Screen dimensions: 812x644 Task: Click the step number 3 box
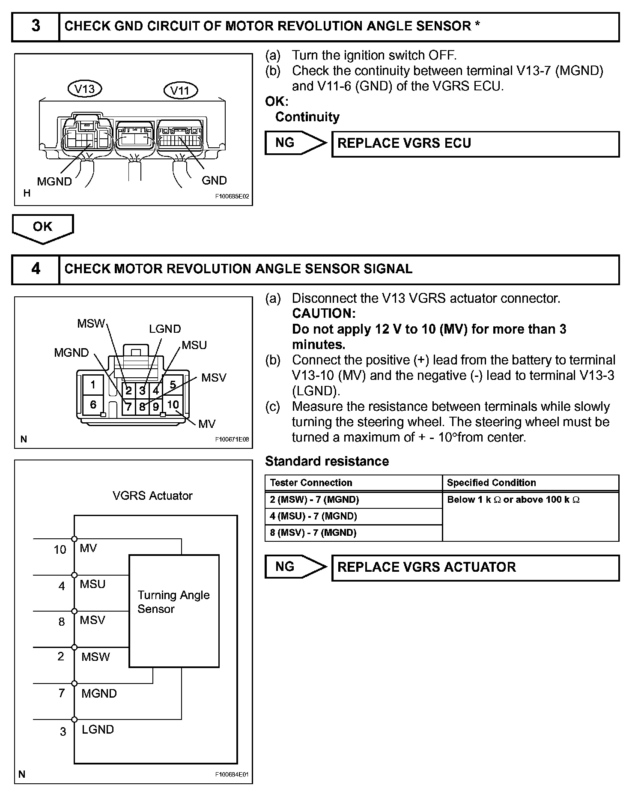click(36, 26)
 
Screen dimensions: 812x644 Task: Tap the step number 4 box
click(36, 269)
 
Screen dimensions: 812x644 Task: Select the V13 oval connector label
click(85, 89)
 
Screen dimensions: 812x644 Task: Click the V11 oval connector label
click(180, 91)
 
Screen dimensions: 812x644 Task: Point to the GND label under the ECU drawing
click(214, 181)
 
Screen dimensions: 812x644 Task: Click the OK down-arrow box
click(42, 227)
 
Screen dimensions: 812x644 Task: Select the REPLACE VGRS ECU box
click(475, 144)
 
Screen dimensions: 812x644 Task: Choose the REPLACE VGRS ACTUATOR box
click(475, 568)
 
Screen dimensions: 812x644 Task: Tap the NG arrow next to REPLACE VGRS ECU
click(295, 143)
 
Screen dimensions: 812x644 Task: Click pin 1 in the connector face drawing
click(93, 385)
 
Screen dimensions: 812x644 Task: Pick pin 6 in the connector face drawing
click(93, 405)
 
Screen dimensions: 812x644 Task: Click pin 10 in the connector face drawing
click(173, 405)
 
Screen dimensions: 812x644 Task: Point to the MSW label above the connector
click(91, 324)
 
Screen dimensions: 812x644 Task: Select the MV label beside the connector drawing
click(207, 424)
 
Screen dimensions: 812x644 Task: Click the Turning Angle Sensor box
click(174, 611)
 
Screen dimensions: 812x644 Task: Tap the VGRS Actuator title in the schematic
click(152, 496)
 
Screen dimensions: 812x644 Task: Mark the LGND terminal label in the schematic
click(98, 730)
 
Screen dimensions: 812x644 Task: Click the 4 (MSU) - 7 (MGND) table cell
click(353, 516)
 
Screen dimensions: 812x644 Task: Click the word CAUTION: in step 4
click(324, 313)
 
